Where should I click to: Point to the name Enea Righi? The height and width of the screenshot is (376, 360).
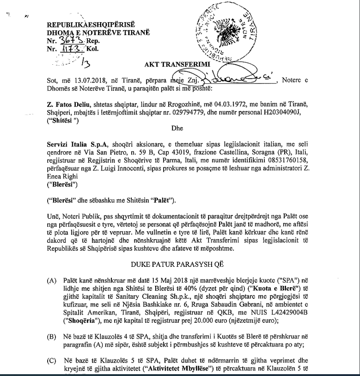point(62,182)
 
